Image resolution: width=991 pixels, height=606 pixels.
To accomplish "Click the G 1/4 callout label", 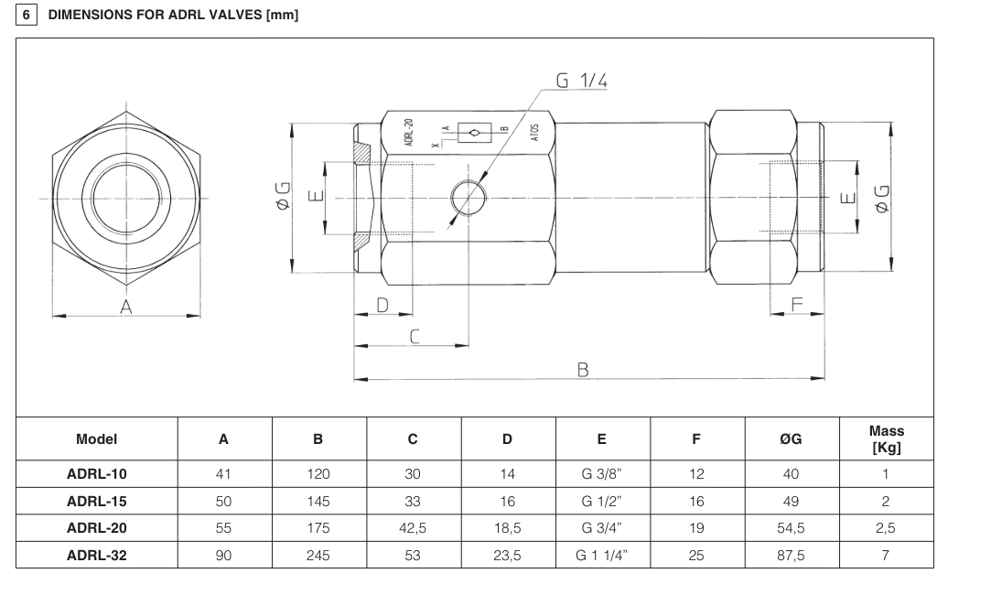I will pos(582,81).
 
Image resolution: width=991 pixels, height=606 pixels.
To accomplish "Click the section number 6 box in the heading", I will pos(25,15).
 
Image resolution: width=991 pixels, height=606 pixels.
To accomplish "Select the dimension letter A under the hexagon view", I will pos(126,308).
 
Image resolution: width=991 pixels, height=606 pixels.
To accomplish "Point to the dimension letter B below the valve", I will pos(582,369).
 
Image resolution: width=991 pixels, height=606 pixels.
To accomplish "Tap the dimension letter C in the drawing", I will pos(415,336).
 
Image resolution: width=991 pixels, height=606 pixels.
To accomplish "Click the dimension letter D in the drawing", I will pos(383,304).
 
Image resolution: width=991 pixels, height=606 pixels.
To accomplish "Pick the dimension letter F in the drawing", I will pos(796,304).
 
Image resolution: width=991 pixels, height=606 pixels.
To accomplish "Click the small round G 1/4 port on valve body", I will pos(468,196).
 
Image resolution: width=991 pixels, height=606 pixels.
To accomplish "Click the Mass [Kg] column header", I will pos(886,438).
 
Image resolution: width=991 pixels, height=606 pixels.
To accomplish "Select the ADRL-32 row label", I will pos(96,555).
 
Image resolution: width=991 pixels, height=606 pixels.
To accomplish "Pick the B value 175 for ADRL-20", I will pos(318,528).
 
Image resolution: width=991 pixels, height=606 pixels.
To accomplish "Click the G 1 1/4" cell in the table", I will pos(601,555).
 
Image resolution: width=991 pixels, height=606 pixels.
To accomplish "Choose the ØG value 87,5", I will pos(791,555).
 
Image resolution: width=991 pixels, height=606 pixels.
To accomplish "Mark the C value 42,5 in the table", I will pos(413,528).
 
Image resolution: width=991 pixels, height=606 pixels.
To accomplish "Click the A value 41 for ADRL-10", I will pos(223,474).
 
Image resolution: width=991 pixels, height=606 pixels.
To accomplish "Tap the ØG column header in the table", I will pos(791,438).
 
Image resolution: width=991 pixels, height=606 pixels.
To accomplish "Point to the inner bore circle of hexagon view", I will pos(126,198).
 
